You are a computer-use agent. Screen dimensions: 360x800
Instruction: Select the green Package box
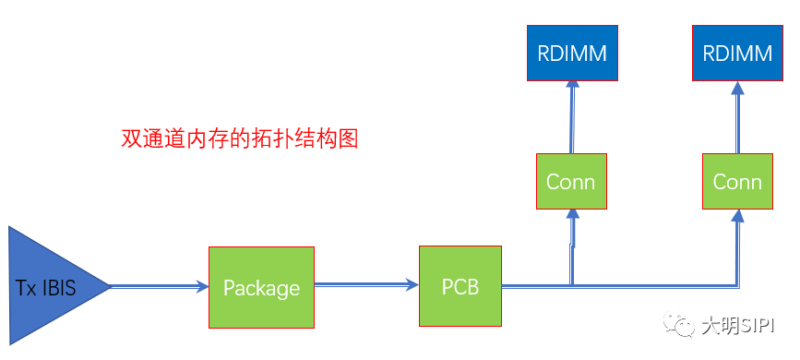[261, 287]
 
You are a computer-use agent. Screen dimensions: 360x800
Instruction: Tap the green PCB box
[460, 286]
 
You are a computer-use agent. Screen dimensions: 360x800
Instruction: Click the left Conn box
[570, 181]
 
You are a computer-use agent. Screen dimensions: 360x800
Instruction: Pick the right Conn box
[737, 181]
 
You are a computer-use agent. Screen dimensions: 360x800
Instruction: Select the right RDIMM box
[737, 53]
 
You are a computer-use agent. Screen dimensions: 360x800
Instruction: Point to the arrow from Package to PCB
[365, 286]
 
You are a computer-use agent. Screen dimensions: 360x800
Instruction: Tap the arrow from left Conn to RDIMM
[571, 117]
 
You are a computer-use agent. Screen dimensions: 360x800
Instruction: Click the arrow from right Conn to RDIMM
[737, 117]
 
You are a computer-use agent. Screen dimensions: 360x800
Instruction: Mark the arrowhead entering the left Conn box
[573, 216]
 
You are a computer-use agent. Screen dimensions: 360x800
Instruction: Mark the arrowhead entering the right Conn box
[737, 216]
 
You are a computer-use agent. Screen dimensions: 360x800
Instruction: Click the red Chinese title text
[239, 139]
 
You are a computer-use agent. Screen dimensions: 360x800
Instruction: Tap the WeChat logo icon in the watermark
[684, 326]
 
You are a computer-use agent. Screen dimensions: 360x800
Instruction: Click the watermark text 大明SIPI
[738, 327]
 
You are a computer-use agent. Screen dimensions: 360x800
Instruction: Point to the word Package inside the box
[261, 288]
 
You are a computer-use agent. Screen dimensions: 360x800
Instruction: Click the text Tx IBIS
[46, 288]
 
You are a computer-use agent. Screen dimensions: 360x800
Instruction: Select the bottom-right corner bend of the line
[736, 284]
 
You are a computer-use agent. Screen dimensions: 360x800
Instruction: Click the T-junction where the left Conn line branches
[573, 284]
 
